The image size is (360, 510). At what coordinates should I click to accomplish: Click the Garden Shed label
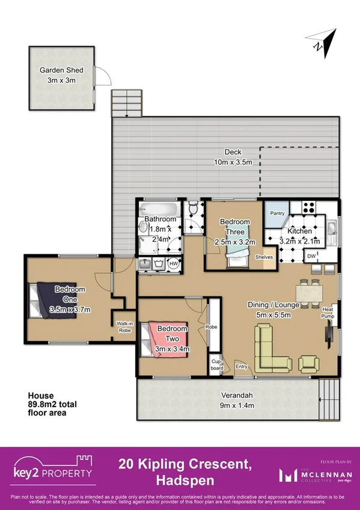point(61,70)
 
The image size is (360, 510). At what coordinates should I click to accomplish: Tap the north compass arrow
point(318,43)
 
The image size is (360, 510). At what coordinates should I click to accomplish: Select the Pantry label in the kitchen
point(277,214)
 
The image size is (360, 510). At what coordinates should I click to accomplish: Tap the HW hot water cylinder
point(173,263)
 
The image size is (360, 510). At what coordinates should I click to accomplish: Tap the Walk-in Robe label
point(124,327)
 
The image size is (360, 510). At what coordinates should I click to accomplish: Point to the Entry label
point(241,366)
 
